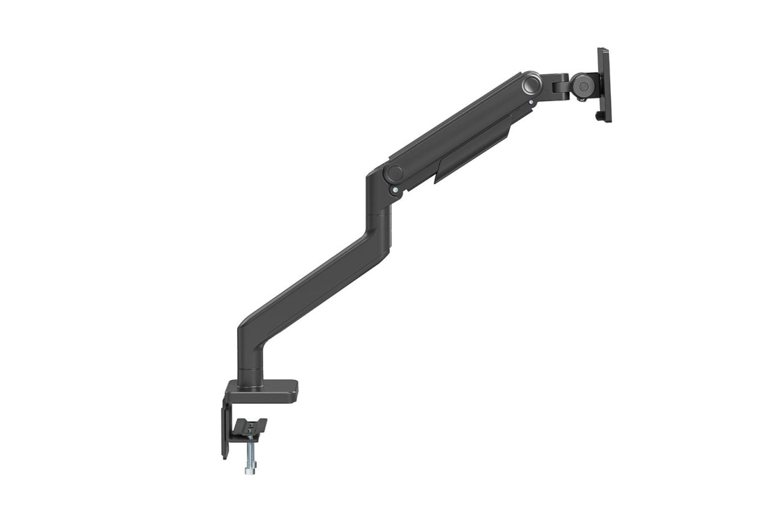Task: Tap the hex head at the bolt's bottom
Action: coord(250,469)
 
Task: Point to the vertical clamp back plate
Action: coord(225,429)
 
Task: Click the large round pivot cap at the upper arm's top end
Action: coord(530,83)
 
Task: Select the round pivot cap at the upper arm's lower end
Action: coord(394,173)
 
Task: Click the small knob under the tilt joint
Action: coord(582,97)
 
